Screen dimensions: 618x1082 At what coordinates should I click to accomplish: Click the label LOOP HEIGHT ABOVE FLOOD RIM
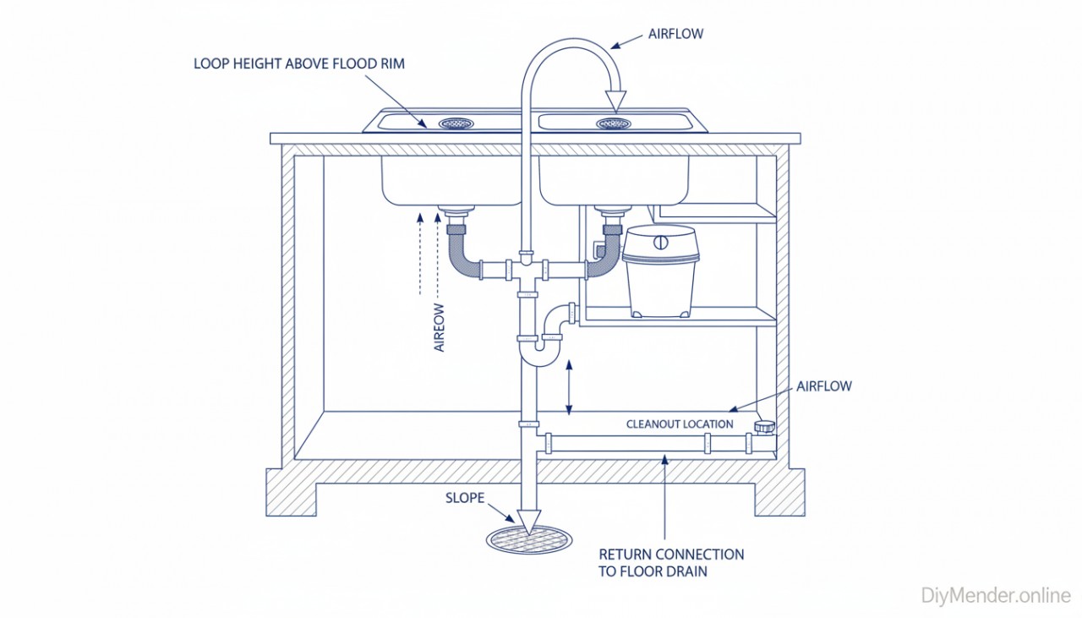[x=299, y=63]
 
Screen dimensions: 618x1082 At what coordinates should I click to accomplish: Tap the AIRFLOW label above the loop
[x=675, y=34]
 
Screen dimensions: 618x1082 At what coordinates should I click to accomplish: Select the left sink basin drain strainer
[x=456, y=123]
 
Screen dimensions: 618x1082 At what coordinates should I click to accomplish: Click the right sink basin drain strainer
[x=613, y=123]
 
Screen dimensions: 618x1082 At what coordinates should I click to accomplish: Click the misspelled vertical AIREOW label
[x=440, y=322]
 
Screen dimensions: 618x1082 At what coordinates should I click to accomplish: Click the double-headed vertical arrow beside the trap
[x=571, y=386]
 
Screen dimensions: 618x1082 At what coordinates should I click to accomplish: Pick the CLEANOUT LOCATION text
[x=680, y=424]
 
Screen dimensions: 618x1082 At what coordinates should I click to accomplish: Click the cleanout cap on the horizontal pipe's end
[x=765, y=427]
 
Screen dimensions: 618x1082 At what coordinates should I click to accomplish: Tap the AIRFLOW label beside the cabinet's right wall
[x=823, y=386]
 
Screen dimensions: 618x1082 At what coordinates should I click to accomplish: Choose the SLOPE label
[x=465, y=498]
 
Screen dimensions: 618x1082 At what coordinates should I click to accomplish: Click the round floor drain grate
[x=529, y=540]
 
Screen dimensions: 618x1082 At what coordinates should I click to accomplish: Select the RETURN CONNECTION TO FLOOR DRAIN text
[x=671, y=563]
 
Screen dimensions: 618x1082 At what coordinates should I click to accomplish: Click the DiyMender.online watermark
[x=995, y=595]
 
